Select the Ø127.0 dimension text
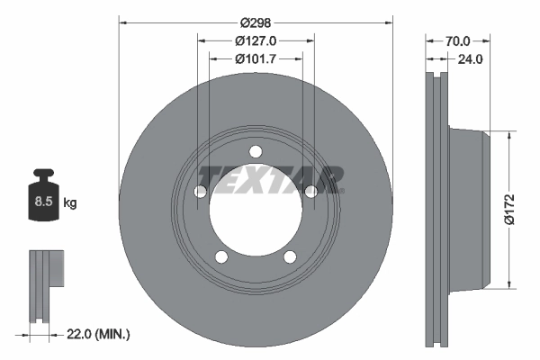[x=256, y=40]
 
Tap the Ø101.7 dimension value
[x=256, y=59]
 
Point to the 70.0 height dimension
[x=458, y=40]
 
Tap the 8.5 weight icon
[x=42, y=200]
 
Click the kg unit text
[x=70, y=203]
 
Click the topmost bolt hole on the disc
[x=256, y=150]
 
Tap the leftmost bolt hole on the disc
[x=201, y=191]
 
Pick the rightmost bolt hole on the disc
[x=310, y=191]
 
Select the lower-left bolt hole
[x=221, y=256]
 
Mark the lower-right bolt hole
[x=290, y=256]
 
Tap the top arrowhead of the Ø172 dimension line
[x=512, y=135]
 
